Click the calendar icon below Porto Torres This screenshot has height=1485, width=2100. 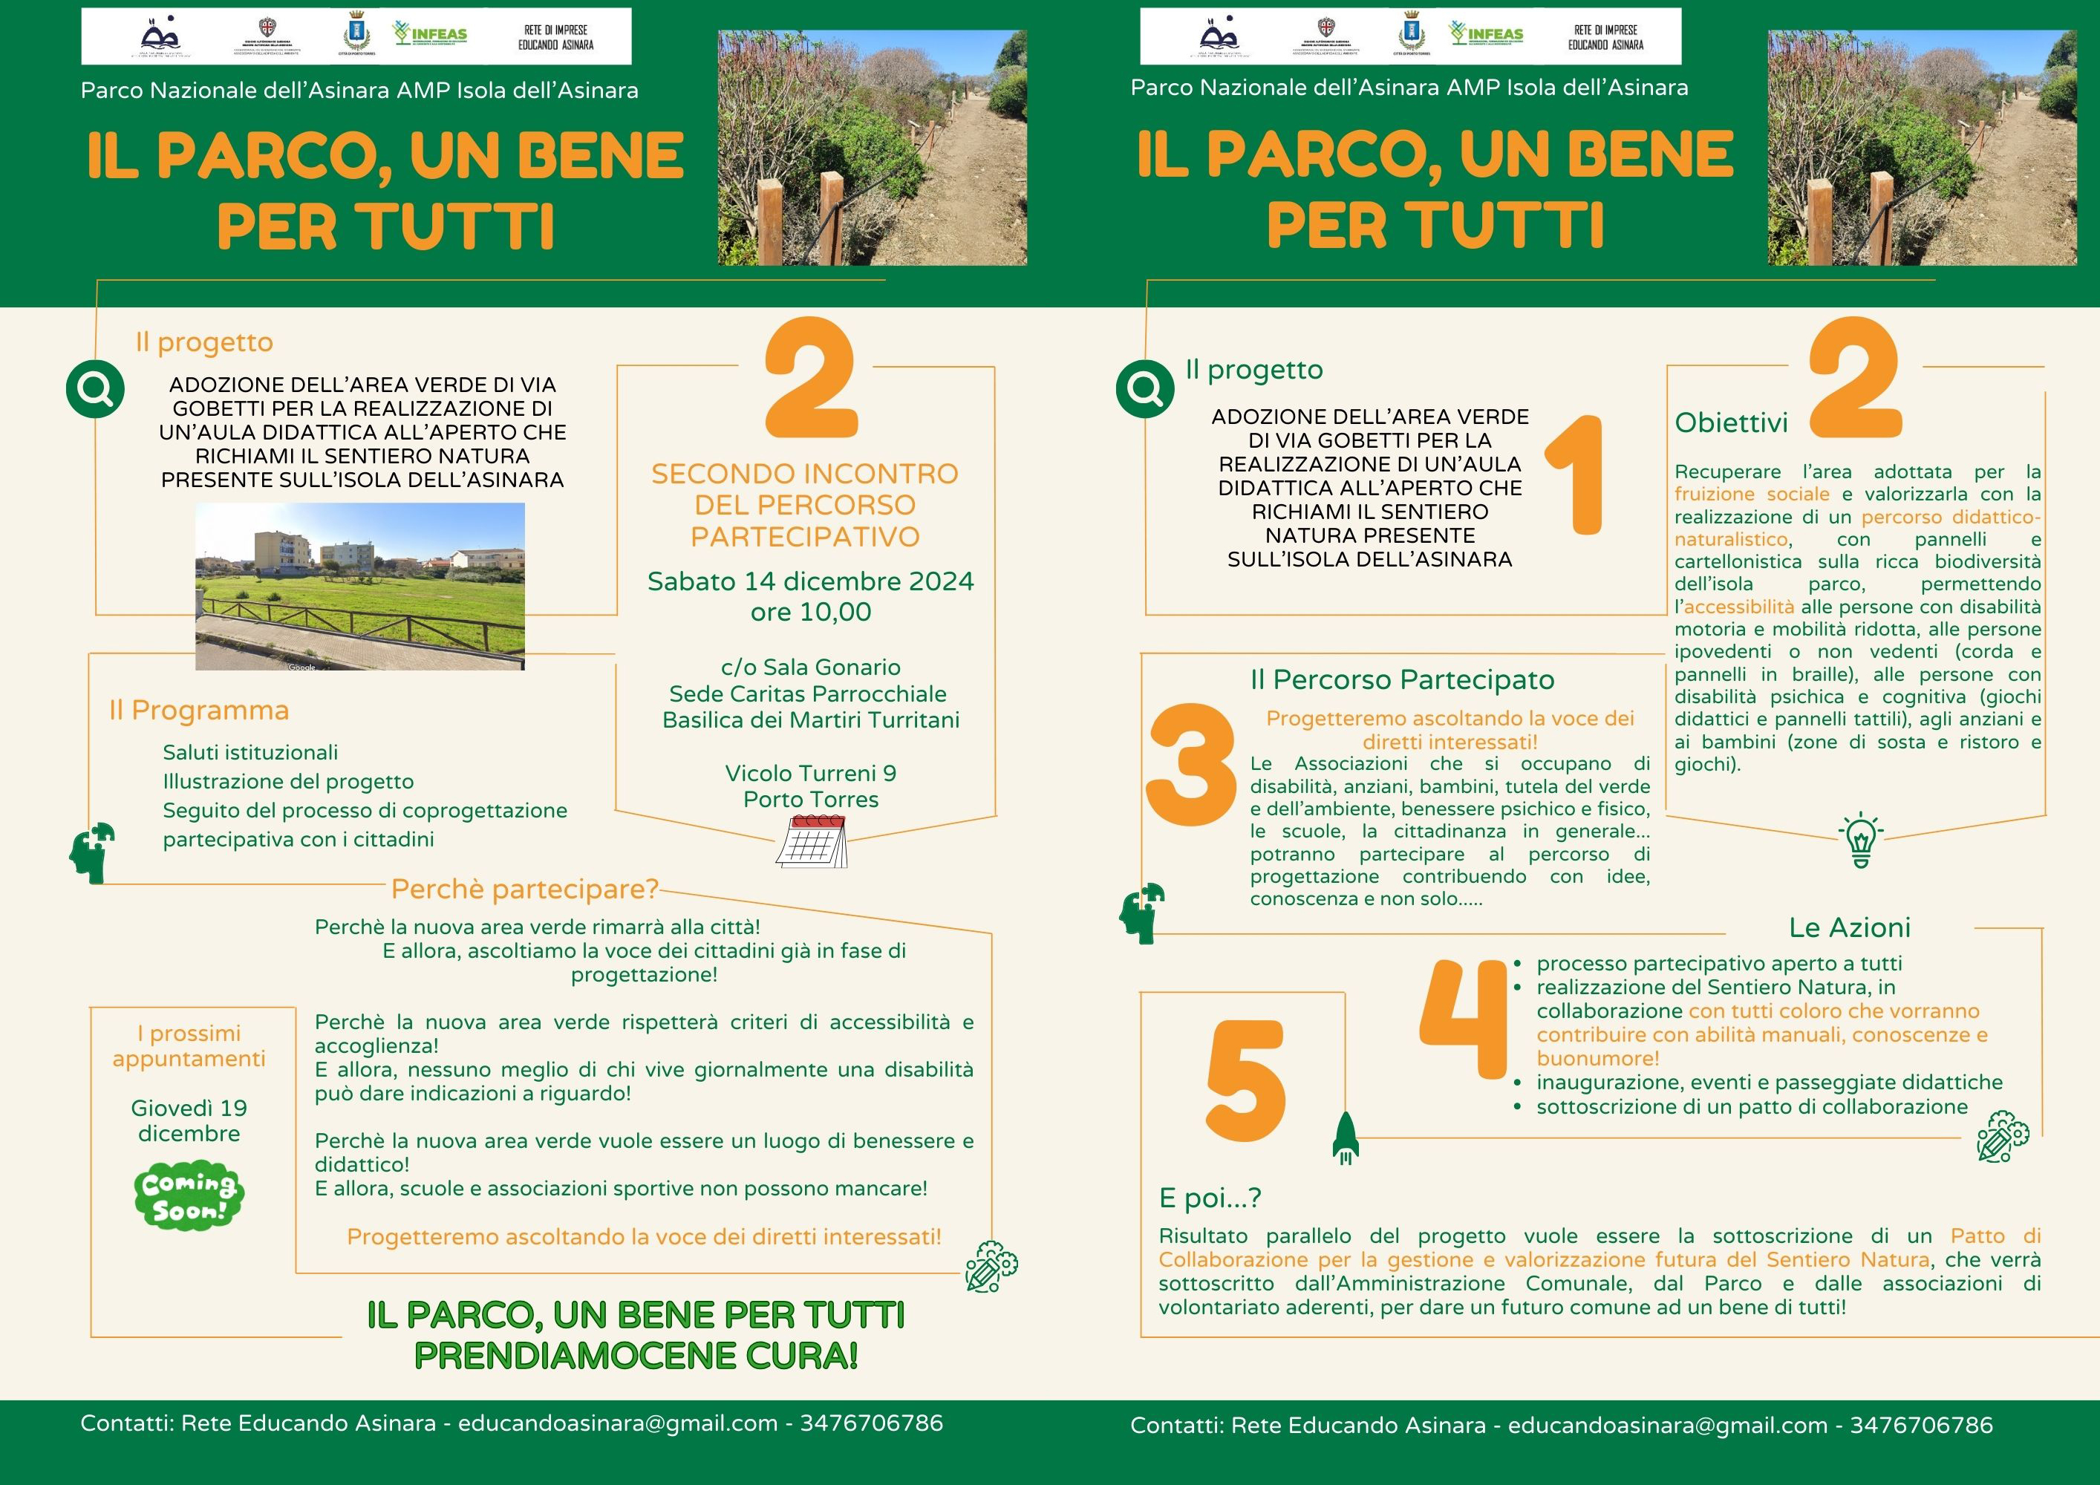click(812, 841)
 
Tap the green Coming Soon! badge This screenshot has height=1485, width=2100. click(189, 1195)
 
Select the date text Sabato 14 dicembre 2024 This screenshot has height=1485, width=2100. click(810, 581)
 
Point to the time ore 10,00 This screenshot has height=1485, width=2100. click(810, 612)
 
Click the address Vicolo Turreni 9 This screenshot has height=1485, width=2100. click(810, 774)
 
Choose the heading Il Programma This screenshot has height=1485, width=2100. click(198, 711)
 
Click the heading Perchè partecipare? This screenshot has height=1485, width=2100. click(525, 889)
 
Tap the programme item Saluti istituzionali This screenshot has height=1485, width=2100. click(250, 753)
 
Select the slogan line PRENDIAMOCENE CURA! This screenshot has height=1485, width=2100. click(636, 1356)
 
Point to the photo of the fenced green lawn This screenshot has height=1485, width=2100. click(359, 586)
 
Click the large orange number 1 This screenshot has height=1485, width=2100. click(1576, 474)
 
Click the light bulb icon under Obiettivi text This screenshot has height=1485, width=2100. click(1860, 840)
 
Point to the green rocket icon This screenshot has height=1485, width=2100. click(1346, 1138)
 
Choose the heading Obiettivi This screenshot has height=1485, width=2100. click(1730, 423)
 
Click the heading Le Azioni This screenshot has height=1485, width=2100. click(1850, 928)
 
